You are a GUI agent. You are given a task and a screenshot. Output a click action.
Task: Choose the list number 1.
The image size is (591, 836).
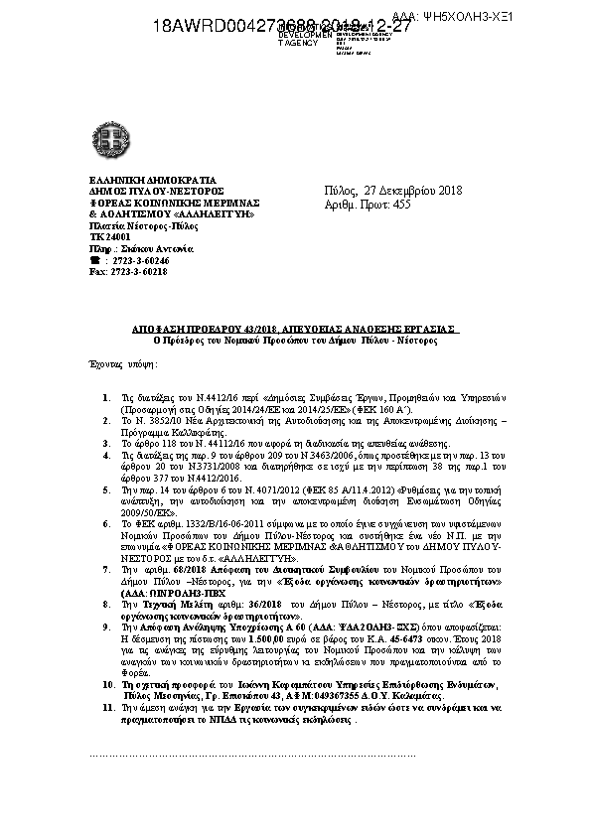click(x=107, y=396)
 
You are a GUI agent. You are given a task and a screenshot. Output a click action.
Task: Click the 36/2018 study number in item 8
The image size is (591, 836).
click(x=229, y=604)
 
